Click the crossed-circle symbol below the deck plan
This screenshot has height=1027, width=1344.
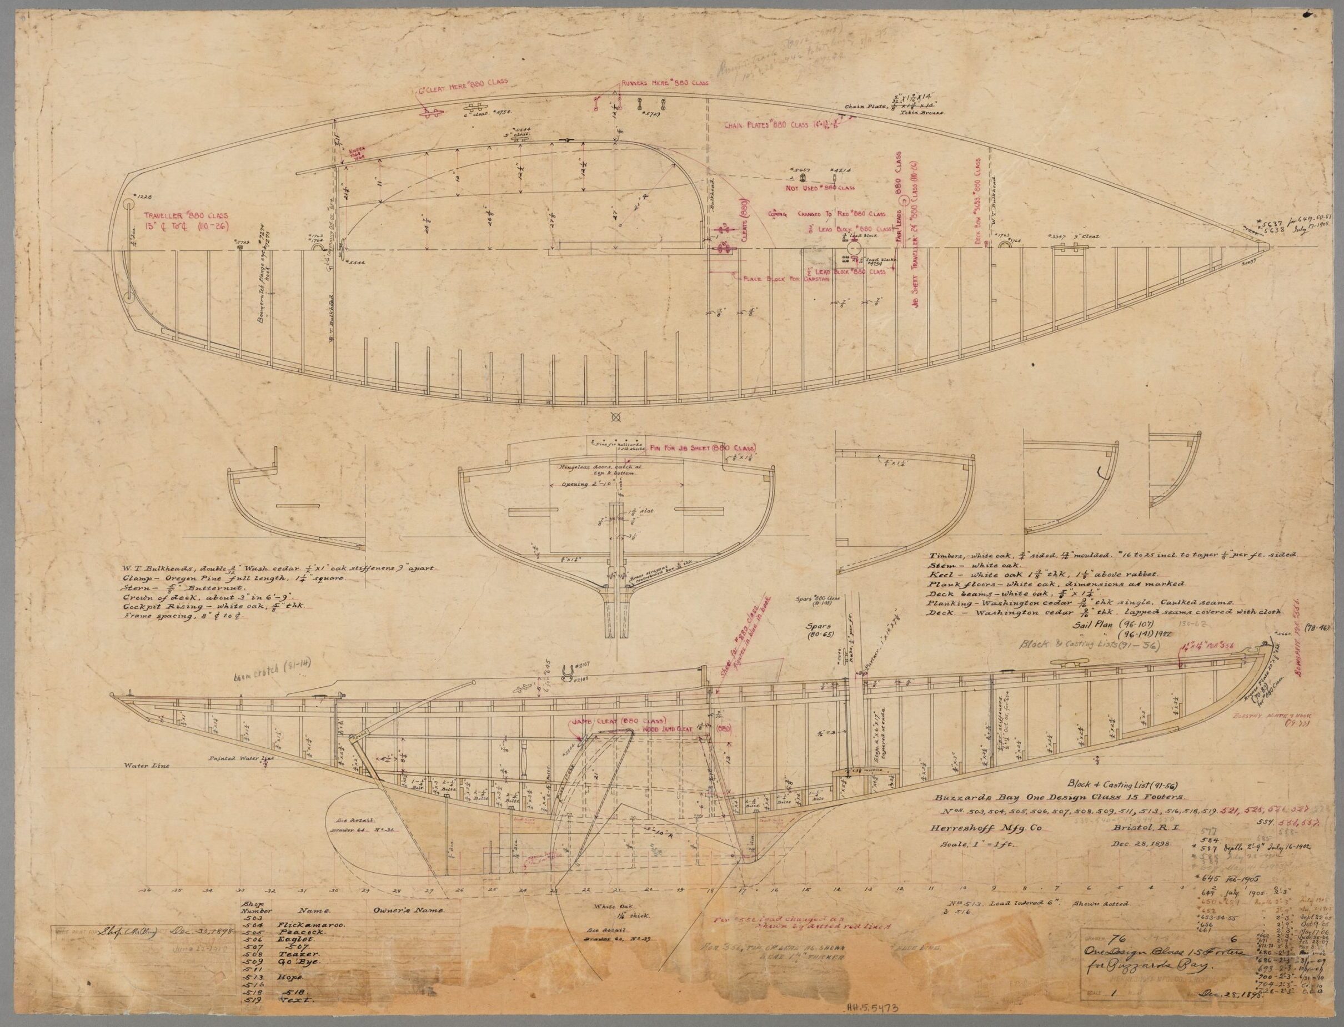pos(616,417)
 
